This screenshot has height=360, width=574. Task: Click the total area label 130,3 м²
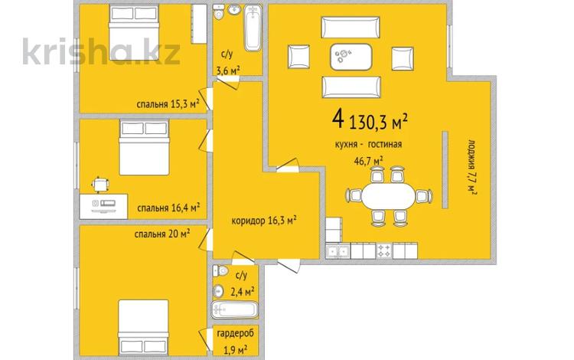pyautogui.click(x=379, y=122)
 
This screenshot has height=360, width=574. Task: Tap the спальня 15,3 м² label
pyautogui.click(x=168, y=104)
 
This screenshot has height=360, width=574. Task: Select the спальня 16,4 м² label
pyautogui.click(x=168, y=208)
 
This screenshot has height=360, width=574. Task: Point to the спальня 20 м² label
pyautogui.click(x=161, y=234)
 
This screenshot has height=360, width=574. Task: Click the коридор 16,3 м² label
pyautogui.click(x=264, y=221)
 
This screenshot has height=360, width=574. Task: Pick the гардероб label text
pyautogui.click(x=235, y=334)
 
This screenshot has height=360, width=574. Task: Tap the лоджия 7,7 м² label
pyautogui.click(x=472, y=167)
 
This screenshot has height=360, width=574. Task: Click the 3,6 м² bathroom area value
pyautogui.click(x=228, y=70)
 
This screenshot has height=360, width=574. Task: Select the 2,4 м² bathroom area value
pyautogui.click(x=243, y=292)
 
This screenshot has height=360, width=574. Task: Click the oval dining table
pyautogui.click(x=389, y=195)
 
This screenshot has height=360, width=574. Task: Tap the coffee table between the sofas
pyautogui.click(x=351, y=57)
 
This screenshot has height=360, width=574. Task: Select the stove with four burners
pyautogui.click(x=384, y=251)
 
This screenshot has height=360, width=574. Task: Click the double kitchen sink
pyautogui.click(x=338, y=251)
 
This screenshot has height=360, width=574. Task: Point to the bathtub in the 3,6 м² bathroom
pyautogui.click(x=253, y=28)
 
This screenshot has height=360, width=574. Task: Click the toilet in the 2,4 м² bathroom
pyautogui.click(x=220, y=271)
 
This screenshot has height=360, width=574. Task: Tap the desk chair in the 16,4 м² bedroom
pyautogui.click(x=100, y=184)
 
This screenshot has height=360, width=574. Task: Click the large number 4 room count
pyautogui.click(x=338, y=119)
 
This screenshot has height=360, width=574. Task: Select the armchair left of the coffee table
pyautogui.click(x=298, y=57)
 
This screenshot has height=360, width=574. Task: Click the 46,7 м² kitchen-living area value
pyautogui.click(x=369, y=160)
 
